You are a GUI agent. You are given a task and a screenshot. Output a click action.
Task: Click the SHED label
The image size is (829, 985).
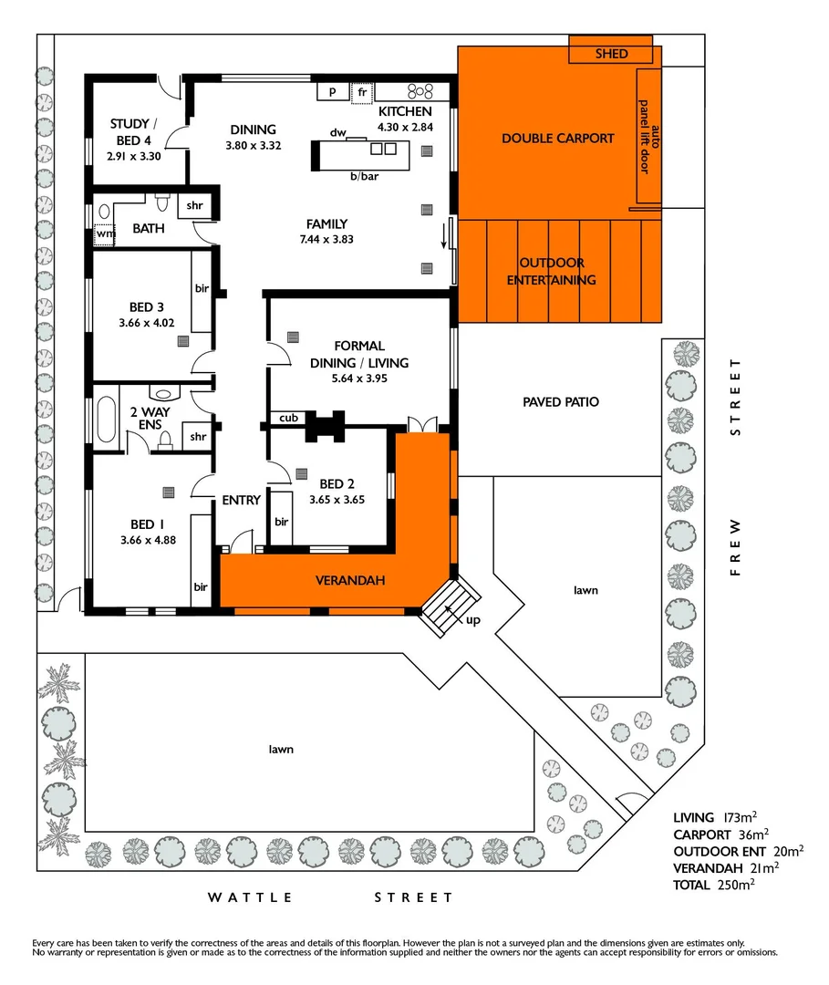tap(611, 54)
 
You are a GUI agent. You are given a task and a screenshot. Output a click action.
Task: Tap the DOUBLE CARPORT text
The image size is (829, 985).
tap(557, 139)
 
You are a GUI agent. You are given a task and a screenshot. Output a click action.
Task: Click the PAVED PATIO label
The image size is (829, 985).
tap(561, 401)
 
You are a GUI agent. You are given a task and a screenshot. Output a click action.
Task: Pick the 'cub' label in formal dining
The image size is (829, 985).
tap(288, 418)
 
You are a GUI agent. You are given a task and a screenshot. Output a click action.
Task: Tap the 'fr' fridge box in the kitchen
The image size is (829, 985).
tap(362, 92)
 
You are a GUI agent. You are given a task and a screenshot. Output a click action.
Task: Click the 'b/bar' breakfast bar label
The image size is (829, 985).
tap(364, 176)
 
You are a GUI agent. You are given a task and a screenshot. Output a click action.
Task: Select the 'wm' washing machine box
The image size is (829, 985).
tap(105, 234)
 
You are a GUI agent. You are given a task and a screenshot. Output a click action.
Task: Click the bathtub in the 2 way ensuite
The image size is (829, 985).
tap(106, 418)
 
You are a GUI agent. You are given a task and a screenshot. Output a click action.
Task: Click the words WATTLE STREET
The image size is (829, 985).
tap(330, 897)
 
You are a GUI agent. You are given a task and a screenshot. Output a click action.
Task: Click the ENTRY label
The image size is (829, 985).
tap(241, 500)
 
